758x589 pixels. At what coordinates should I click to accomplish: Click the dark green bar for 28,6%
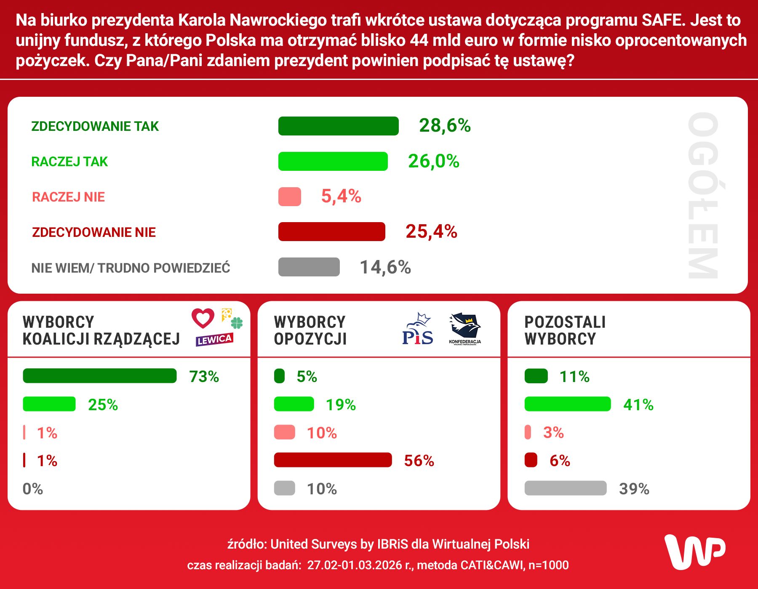pyautogui.click(x=338, y=126)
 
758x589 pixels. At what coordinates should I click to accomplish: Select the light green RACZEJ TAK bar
pyautogui.click(x=333, y=162)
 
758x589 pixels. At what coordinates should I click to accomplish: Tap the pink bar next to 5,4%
pyautogui.click(x=290, y=197)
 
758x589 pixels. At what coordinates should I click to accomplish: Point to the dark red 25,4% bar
pyautogui.click(x=331, y=232)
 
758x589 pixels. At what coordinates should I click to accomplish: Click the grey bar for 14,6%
pyautogui.click(x=309, y=267)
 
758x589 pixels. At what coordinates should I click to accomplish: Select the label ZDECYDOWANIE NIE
pyautogui.click(x=94, y=232)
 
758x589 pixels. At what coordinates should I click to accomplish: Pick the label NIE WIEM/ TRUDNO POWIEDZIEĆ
pyautogui.click(x=131, y=268)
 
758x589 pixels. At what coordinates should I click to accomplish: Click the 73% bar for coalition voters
pyautogui.click(x=100, y=376)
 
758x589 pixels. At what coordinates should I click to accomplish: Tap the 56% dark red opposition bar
pyautogui.click(x=333, y=460)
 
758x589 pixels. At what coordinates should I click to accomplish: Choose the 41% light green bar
pyautogui.click(x=567, y=404)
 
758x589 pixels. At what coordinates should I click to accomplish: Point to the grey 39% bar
pyautogui.click(x=565, y=488)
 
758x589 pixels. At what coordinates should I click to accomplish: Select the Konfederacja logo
pyautogui.click(x=465, y=329)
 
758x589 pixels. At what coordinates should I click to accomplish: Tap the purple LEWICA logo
pyautogui.click(x=214, y=340)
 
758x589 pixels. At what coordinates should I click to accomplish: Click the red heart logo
pyautogui.click(x=203, y=318)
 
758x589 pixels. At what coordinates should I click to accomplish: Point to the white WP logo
pyautogui.click(x=694, y=552)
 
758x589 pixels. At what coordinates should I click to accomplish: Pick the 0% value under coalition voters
pyautogui.click(x=33, y=489)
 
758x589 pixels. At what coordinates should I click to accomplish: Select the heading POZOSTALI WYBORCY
pyautogui.click(x=565, y=331)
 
